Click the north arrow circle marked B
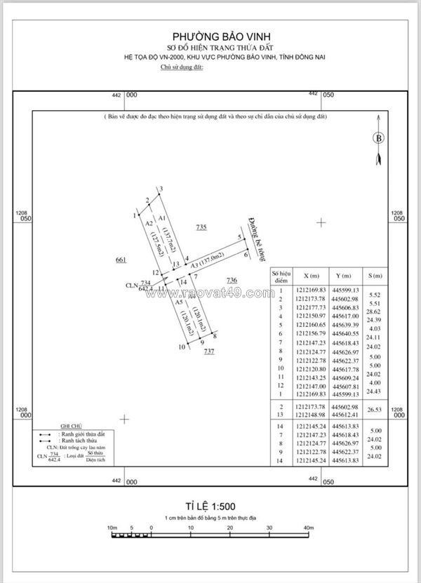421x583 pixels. [x=379, y=138]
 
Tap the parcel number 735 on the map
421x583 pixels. [x=202, y=227]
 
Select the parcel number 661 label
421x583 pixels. [x=120, y=260]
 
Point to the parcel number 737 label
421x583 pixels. [x=209, y=351]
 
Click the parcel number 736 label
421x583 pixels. [x=232, y=281]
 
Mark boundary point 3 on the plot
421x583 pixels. [x=161, y=189]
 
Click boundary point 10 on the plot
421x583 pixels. [x=182, y=347]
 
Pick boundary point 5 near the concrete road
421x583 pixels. [x=240, y=238]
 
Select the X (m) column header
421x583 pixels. [x=311, y=276]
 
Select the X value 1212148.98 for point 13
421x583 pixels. [x=311, y=415]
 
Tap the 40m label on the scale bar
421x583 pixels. [x=308, y=527]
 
